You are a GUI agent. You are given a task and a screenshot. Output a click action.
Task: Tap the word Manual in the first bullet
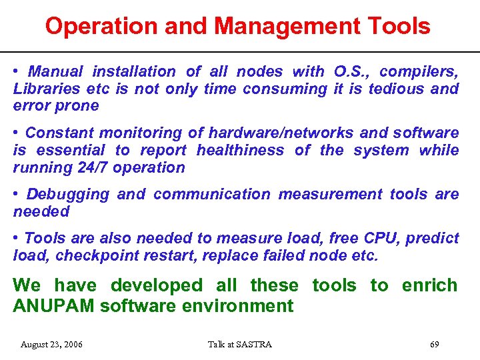pos(57,71)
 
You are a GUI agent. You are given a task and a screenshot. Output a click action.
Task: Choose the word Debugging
pos(67,194)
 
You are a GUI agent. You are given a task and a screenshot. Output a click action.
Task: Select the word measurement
pos(330,194)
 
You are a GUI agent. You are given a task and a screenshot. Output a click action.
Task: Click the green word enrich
pos(429,285)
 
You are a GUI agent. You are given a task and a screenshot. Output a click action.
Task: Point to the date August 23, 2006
pos(52,345)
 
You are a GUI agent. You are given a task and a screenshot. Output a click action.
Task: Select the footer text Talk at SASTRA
pos(239,345)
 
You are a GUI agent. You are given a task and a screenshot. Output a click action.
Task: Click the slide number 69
pos(434,345)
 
